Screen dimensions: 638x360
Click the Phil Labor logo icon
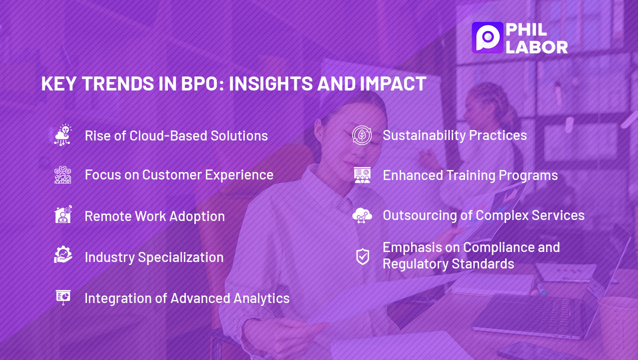pos(487,37)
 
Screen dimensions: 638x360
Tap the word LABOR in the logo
pos(537,47)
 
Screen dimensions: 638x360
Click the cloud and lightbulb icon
pos(63,135)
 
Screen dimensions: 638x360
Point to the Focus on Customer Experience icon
pos(62,174)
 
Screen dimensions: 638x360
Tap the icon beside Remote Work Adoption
pos(63,214)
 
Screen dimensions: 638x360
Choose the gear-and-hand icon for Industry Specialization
pos(63,254)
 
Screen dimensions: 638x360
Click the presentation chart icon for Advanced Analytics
pos(63,297)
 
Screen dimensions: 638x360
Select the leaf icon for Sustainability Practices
pos(362,135)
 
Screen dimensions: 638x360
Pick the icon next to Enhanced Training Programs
pos(362,175)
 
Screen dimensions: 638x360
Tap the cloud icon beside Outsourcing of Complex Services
pos(362,215)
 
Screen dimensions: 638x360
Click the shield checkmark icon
pos(363,256)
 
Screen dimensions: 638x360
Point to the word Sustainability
pos(424,135)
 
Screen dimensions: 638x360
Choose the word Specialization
pos(181,257)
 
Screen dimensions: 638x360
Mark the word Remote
pos(108,216)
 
